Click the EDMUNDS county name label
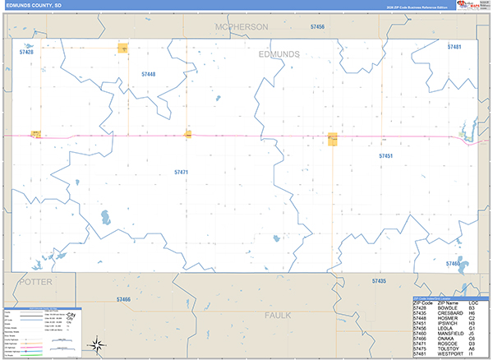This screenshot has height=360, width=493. [x=279, y=54]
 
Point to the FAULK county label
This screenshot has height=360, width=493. [x=279, y=315]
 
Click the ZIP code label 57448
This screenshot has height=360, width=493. [x=148, y=74]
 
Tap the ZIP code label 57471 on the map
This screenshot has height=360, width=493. [x=182, y=172]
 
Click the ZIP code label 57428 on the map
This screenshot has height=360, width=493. [x=26, y=52]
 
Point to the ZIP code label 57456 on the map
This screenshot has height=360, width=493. [x=317, y=27]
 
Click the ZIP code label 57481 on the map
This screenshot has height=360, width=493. [x=454, y=47]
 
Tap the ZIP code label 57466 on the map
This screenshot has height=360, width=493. [x=123, y=299]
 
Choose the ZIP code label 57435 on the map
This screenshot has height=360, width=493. [x=379, y=281]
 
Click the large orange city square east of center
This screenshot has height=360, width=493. [x=334, y=139]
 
